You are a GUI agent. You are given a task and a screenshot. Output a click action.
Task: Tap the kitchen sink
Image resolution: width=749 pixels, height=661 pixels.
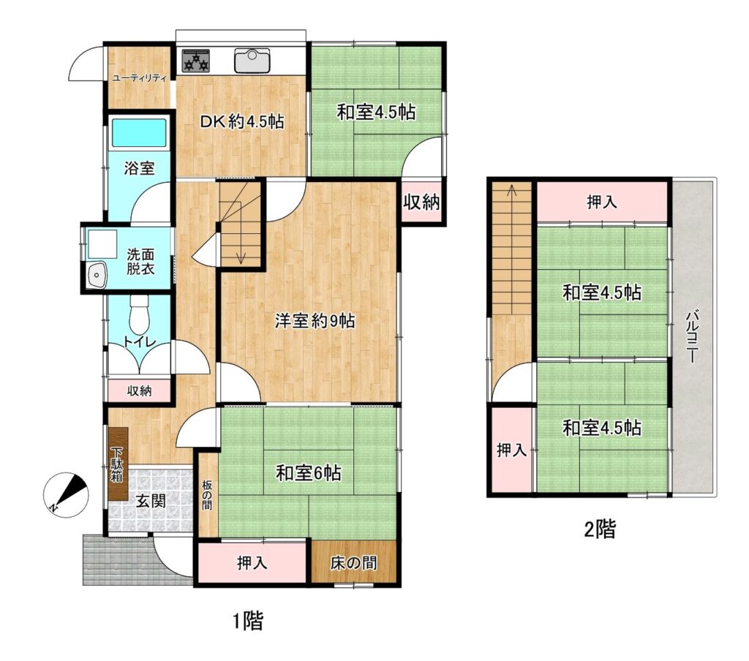click(252, 61)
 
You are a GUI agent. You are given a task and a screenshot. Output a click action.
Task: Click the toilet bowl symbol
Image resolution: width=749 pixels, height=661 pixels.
click(139, 314)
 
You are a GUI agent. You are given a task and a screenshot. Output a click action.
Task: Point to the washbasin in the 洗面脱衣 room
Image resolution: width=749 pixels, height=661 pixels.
click(98, 275)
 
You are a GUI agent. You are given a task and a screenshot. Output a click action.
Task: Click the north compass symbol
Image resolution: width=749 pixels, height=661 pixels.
click(66, 494)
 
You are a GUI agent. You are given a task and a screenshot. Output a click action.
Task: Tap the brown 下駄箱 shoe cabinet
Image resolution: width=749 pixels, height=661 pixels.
click(118, 464)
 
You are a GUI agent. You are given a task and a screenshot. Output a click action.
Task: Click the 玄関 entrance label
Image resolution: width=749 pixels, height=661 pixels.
click(151, 501)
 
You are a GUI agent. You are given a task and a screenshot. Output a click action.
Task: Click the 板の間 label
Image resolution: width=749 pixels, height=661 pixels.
click(207, 496)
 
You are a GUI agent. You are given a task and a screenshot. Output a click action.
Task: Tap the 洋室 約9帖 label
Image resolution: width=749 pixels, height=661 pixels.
click(315, 320)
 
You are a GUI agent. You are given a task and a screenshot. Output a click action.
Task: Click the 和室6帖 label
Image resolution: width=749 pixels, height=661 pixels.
click(309, 473)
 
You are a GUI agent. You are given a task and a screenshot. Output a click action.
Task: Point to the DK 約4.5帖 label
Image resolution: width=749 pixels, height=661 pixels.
click(242, 121)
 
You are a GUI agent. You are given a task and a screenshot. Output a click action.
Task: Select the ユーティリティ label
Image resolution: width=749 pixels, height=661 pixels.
click(138, 78)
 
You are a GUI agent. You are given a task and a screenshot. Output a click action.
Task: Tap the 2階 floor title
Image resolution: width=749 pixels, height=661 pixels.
click(600, 529)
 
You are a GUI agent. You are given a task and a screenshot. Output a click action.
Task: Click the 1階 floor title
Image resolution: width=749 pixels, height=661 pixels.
click(248, 622)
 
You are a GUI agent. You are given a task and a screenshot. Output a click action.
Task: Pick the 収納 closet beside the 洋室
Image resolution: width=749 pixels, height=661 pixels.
click(421, 203)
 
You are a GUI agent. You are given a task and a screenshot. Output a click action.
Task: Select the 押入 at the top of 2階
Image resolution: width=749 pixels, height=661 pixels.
click(602, 202)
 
